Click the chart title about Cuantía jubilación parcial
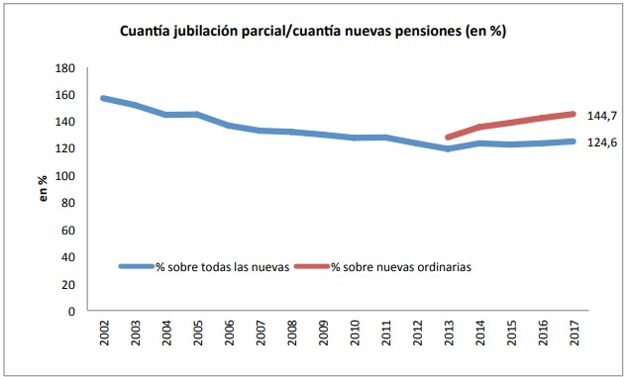(x=313, y=31)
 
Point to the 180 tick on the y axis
(x=66, y=68)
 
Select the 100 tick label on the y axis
(x=66, y=176)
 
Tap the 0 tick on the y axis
(x=72, y=312)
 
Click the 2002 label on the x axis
(x=103, y=334)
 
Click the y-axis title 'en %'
(x=43, y=189)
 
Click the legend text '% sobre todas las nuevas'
(x=220, y=267)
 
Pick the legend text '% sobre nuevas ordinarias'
(x=400, y=267)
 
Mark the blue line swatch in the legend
(x=136, y=267)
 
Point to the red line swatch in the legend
(x=312, y=267)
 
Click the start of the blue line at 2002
(x=103, y=98)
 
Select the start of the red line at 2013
(x=448, y=138)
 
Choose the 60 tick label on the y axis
(x=69, y=231)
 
